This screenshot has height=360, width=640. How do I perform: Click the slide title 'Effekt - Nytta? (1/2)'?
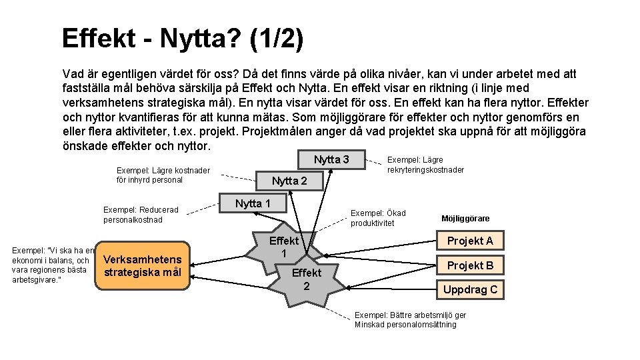pos(182,39)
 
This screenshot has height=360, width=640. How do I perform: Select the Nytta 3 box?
pos(331,160)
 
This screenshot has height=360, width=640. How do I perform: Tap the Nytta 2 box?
pos(289,181)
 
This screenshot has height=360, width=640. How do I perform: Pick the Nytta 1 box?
pos(253,203)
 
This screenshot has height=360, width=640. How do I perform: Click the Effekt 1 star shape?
pos(283,248)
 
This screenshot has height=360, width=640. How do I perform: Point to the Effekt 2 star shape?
pos(306,279)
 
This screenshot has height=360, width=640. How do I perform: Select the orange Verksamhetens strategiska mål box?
pos(143,265)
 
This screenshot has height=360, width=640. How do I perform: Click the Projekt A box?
pos(470,241)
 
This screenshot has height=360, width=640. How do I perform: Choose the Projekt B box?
pos(470,265)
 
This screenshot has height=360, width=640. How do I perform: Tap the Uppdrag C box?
pos(470,289)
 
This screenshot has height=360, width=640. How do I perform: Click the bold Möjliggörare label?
pos(465,219)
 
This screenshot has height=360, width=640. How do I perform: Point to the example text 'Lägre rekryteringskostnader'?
pos(425,165)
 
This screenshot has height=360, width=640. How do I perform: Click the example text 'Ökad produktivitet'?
pos(378,218)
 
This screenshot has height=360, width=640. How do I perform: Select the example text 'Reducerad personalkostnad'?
pos(141,214)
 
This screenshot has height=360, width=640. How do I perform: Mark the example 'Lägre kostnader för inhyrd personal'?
pos(163,175)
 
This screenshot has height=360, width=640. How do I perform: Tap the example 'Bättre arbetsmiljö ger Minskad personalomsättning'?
pos(410,319)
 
